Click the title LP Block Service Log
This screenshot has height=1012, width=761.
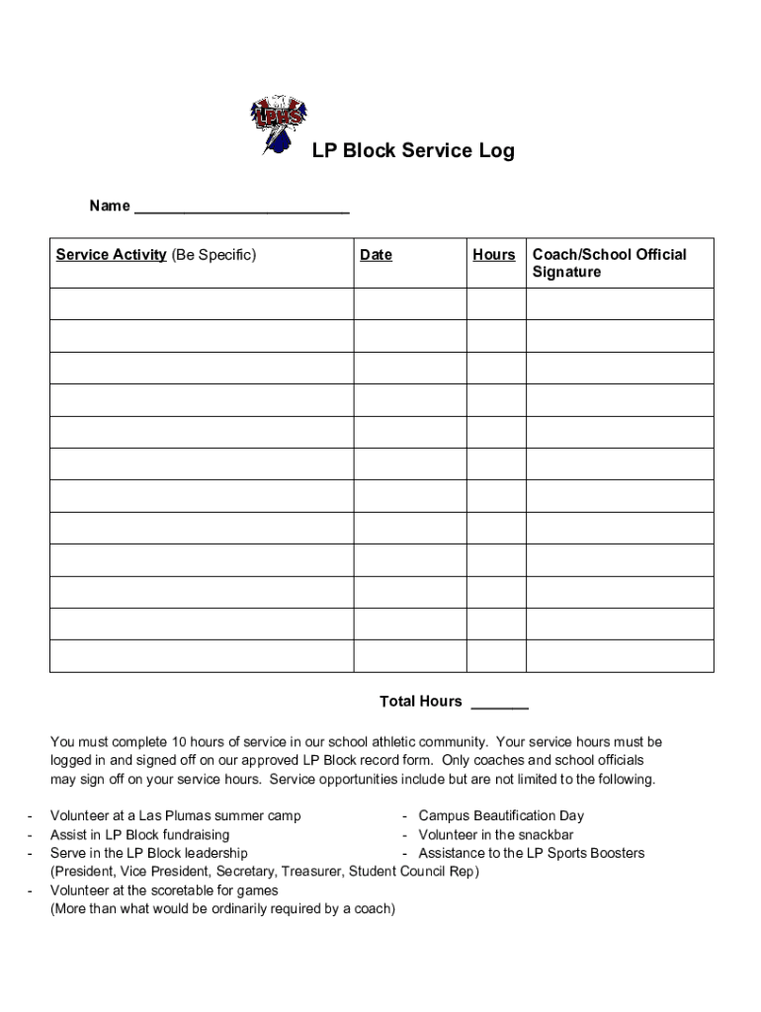(x=413, y=151)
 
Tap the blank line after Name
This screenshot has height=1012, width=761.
(x=241, y=208)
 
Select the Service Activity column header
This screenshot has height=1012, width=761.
(x=156, y=255)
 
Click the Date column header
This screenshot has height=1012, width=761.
(x=376, y=255)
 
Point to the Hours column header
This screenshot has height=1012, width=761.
(x=493, y=255)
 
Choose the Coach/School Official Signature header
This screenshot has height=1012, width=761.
(x=609, y=263)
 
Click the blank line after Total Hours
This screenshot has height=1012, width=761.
(x=499, y=703)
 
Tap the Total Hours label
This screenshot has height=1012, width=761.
(x=420, y=702)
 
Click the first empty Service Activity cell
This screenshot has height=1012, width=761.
(x=202, y=303)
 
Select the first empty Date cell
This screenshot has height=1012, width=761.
(x=409, y=303)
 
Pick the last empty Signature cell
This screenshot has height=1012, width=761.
(x=620, y=655)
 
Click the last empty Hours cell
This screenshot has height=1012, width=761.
(x=496, y=655)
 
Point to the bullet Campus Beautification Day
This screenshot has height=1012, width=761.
(x=501, y=816)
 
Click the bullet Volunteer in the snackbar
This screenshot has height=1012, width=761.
(x=495, y=835)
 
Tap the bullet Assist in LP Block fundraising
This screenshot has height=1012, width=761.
(x=139, y=835)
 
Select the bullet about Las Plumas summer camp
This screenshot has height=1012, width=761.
(x=176, y=816)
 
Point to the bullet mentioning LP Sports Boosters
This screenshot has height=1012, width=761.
(x=531, y=853)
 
